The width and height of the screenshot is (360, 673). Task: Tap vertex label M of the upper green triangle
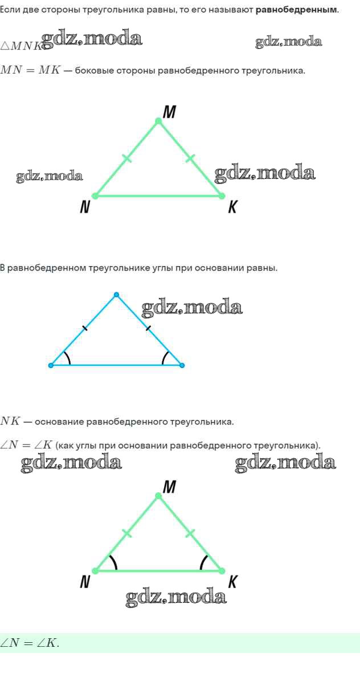coord(169,113)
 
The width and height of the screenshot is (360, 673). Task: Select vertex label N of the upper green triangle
coord(84,207)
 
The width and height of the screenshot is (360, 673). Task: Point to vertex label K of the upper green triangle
coord(232,207)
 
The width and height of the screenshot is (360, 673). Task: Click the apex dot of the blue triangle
coord(116,295)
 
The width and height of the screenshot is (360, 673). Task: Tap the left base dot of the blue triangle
coord(51,365)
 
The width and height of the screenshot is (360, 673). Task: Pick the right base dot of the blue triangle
coord(182,365)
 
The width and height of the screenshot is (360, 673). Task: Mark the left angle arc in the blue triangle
coord(68,358)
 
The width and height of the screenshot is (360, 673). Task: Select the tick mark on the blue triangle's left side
coord(84,328)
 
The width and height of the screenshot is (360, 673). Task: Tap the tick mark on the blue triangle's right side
coord(148,328)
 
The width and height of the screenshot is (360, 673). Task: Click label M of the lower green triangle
coord(169,487)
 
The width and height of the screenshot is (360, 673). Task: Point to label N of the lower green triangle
coord(85,582)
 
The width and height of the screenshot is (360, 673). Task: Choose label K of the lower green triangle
coord(232,582)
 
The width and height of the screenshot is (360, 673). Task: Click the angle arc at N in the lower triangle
coord(114,562)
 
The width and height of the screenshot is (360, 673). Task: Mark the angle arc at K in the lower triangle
coord(203,562)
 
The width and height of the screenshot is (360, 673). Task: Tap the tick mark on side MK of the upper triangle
coord(190,158)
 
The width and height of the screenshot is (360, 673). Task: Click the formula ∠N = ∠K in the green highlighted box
coord(30,643)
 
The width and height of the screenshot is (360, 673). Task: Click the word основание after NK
coord(59,422)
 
